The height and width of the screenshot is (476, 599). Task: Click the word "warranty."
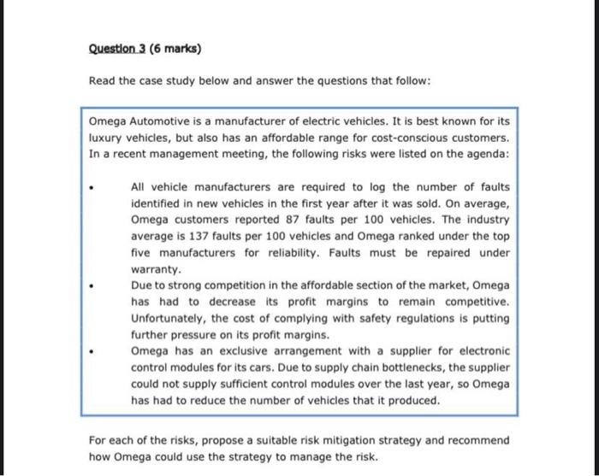point(154,268)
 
